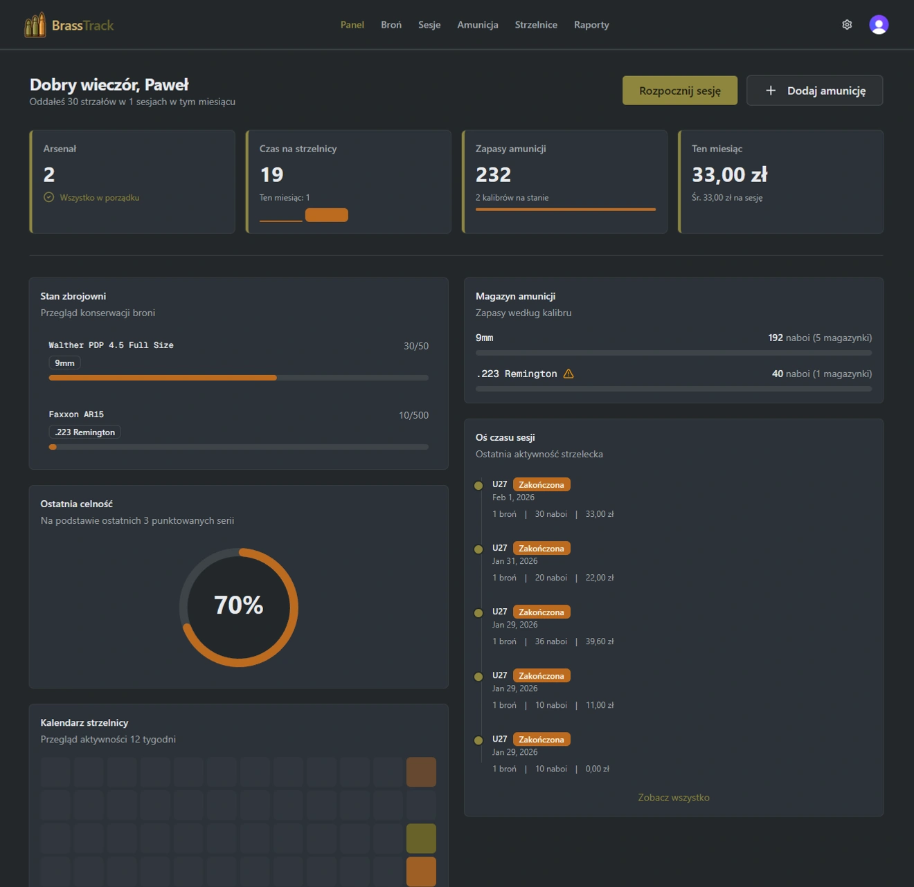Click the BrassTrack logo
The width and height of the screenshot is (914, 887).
[69, 26]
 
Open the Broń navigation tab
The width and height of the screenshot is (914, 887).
[391, 25]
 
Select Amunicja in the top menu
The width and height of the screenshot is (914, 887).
[478, 25]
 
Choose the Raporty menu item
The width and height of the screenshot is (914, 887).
[591, 25]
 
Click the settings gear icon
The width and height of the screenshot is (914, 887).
[847, 25]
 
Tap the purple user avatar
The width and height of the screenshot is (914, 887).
[879, 25]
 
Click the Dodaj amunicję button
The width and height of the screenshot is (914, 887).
[814, 91]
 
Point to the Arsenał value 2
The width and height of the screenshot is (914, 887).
[49, 174]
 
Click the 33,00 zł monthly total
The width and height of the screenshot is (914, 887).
[730, 174]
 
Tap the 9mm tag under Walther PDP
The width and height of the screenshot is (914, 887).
[64, 363]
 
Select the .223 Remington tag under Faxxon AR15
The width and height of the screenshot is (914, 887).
[84, 432]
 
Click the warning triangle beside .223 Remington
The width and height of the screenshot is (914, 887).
[568, 374]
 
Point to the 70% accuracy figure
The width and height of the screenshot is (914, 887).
[239, 605]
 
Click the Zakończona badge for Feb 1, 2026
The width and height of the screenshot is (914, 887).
[541, 485]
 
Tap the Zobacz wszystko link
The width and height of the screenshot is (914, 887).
[674, 798]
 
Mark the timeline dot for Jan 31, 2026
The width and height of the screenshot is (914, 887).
[478, 549]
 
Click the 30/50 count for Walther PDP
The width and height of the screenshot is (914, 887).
[416, 346]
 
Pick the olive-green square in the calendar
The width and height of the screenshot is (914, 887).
[421, 838]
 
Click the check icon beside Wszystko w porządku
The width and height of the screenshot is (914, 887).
[49, 197]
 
